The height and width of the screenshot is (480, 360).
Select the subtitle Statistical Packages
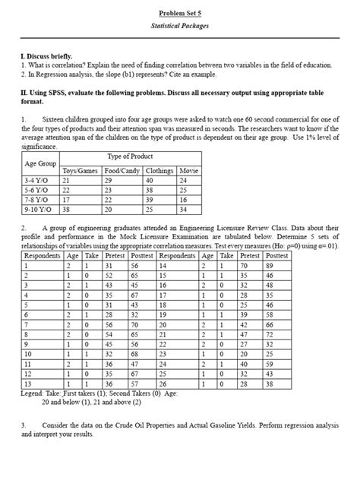point(180,26)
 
